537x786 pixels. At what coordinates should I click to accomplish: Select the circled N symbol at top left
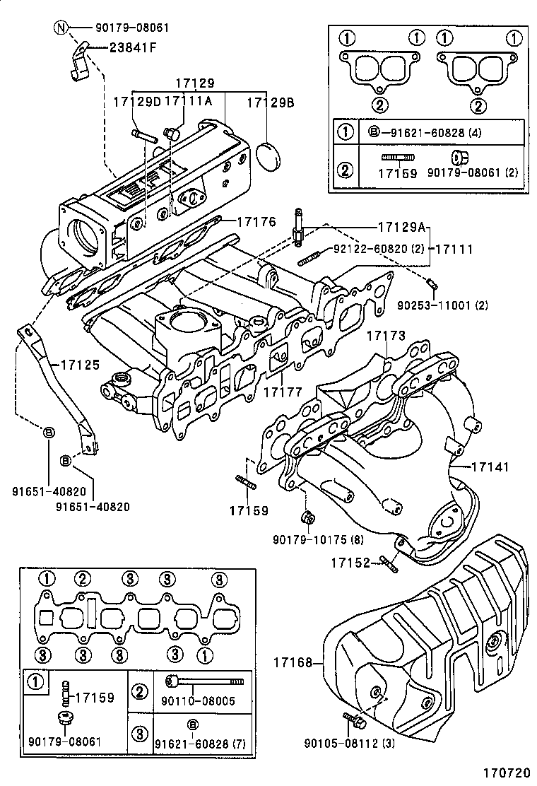tap(62, 28)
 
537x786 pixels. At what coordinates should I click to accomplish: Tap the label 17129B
tap(270, 102)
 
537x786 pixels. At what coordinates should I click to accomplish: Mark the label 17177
tap(283, 391)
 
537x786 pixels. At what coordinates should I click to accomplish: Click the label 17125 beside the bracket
tap(80, 365)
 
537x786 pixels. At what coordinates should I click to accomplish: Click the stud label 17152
tap(350, 562)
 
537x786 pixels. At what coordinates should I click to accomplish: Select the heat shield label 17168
tap(295, 662)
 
